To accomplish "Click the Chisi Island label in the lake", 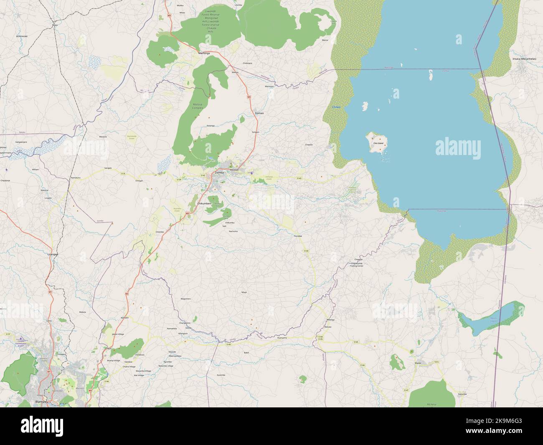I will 379,143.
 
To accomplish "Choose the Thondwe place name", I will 298,236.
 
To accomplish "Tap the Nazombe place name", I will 462,394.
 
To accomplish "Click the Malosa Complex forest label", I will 197,106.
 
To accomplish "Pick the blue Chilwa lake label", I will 336,107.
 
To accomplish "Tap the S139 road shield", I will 179,180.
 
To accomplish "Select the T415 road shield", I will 437,362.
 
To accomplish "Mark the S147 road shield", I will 406,390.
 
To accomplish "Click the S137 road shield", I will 8,334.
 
